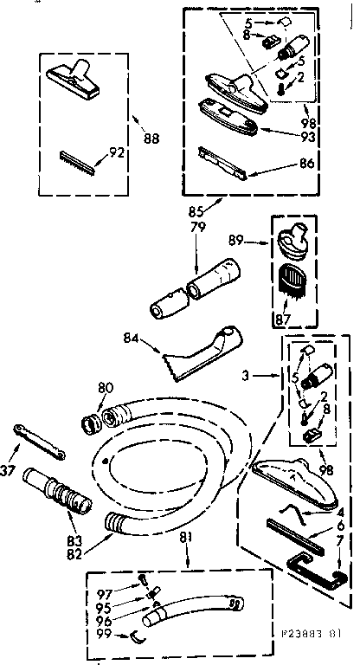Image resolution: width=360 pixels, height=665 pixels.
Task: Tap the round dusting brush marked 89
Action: pos(297,239)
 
